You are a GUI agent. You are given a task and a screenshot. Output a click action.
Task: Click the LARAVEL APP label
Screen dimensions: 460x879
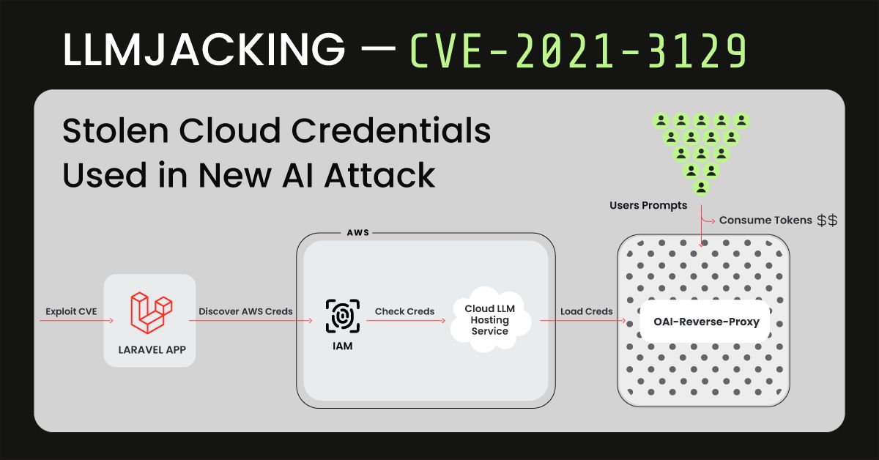pos(152,350)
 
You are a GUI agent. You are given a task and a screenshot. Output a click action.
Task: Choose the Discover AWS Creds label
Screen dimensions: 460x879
pos(245,311)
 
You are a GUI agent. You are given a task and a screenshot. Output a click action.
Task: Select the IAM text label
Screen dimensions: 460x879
pos(342,346)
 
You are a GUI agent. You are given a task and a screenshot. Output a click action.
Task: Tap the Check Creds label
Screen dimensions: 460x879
pos(404,311)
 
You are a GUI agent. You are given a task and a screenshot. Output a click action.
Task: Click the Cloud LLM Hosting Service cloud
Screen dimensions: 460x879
pos(490,320)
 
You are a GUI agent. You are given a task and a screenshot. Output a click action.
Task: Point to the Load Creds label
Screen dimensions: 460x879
pos(586,311)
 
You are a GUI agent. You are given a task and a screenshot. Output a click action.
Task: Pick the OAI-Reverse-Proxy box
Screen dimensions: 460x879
pos(706,322)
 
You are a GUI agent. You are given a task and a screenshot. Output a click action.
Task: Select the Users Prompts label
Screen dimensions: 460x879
pos(648,206)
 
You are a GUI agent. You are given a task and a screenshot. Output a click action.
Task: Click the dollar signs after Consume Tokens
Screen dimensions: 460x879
pos(828,220)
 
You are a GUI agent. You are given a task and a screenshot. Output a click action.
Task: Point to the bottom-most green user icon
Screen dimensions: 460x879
pos(701,187)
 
